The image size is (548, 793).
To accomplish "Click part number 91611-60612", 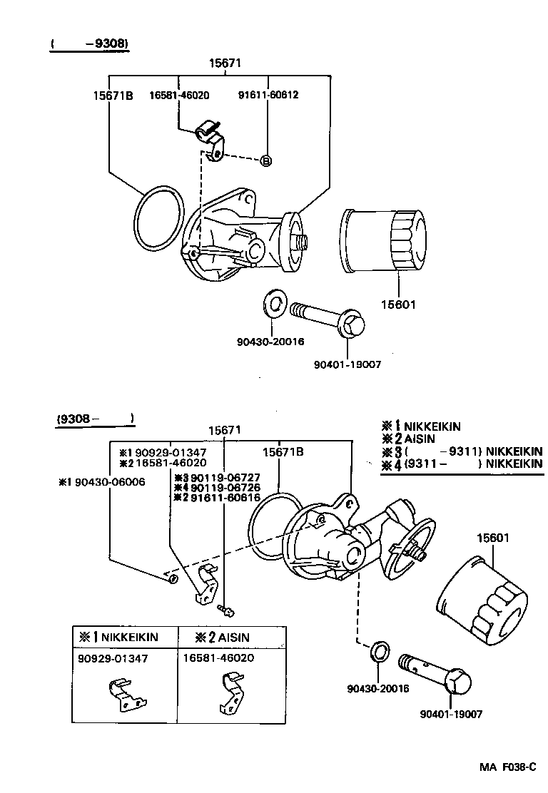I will (x=268, y=95).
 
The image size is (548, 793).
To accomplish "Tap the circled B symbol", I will (x=266, y=160).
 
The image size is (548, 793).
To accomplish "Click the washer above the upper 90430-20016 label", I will (x=274, y=303).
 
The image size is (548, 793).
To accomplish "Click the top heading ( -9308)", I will (x=89, y=44).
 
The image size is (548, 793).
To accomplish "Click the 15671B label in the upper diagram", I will (x=112, y=95).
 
